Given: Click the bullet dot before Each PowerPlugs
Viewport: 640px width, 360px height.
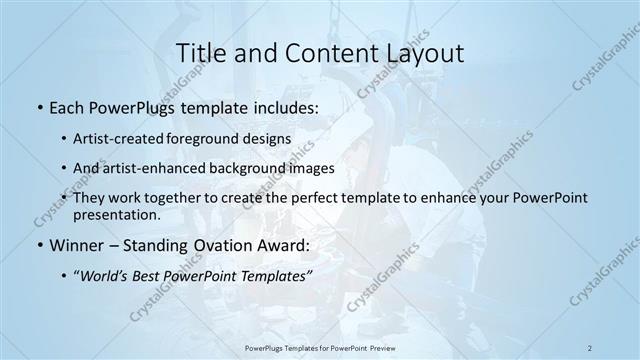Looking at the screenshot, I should point(37,106).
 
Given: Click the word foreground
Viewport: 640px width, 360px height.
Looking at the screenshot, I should point(212,138).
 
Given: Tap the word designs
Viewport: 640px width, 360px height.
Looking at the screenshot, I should point(272,138).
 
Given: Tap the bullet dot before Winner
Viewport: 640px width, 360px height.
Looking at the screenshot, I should point(37,245).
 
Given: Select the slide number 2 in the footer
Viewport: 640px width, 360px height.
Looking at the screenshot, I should point(590,347).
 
